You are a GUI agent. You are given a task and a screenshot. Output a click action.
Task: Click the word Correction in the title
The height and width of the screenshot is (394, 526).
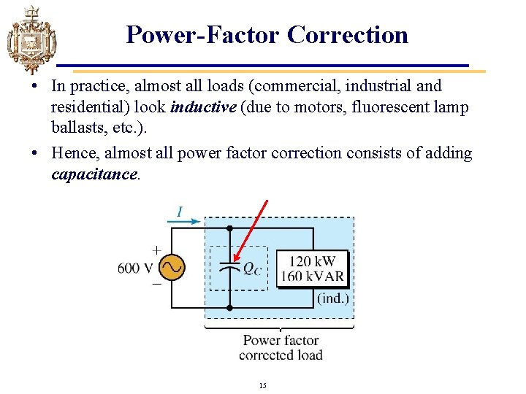[x=348, y=34]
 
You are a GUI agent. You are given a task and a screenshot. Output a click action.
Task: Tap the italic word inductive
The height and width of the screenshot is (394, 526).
[x=202, y=107]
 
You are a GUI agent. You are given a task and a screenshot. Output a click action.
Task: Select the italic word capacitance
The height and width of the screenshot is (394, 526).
[x=94, y=174]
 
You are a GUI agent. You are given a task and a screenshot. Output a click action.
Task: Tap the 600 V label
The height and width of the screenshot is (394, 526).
[x=134, y=268]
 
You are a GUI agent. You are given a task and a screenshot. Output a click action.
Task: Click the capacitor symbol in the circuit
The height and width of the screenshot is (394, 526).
[x=229, y=266]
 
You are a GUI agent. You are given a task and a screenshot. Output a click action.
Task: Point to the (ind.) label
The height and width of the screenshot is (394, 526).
[x=333, y=298]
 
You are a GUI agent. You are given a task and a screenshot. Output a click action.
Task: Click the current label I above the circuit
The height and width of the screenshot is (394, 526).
[x=179, y=212]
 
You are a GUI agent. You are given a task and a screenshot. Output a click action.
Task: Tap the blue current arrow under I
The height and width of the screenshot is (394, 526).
[x=186, y=222]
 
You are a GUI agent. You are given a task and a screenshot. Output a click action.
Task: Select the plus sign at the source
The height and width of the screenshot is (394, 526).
[x=156, y=249]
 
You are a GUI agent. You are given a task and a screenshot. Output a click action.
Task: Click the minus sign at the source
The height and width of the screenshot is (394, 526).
[x=156, y=285]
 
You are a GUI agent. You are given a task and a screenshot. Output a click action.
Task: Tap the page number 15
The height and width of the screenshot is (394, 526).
[x=262, y=385]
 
